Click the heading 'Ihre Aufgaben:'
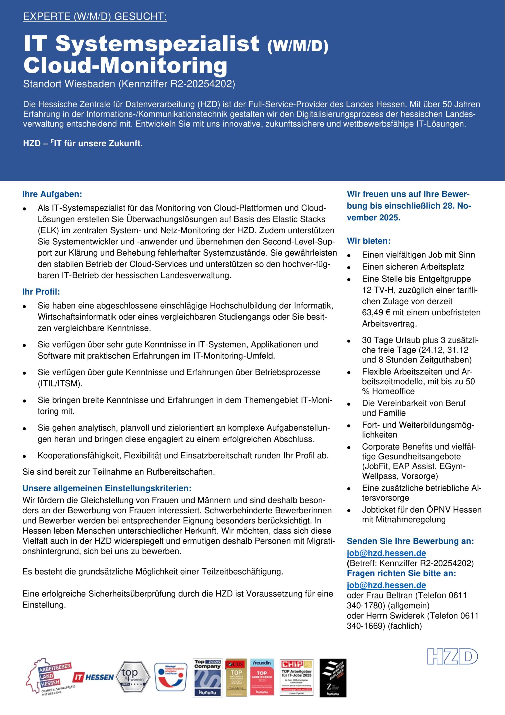point(52,194)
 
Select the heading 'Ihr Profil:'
point(41,292)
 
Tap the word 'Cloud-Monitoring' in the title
point(125,65)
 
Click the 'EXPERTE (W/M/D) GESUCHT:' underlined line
point(95,16)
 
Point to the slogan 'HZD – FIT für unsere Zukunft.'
point(83,144)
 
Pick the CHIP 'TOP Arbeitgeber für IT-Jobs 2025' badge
point(296,677)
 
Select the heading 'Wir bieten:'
point(368,241)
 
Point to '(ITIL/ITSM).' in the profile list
point(60,383)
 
